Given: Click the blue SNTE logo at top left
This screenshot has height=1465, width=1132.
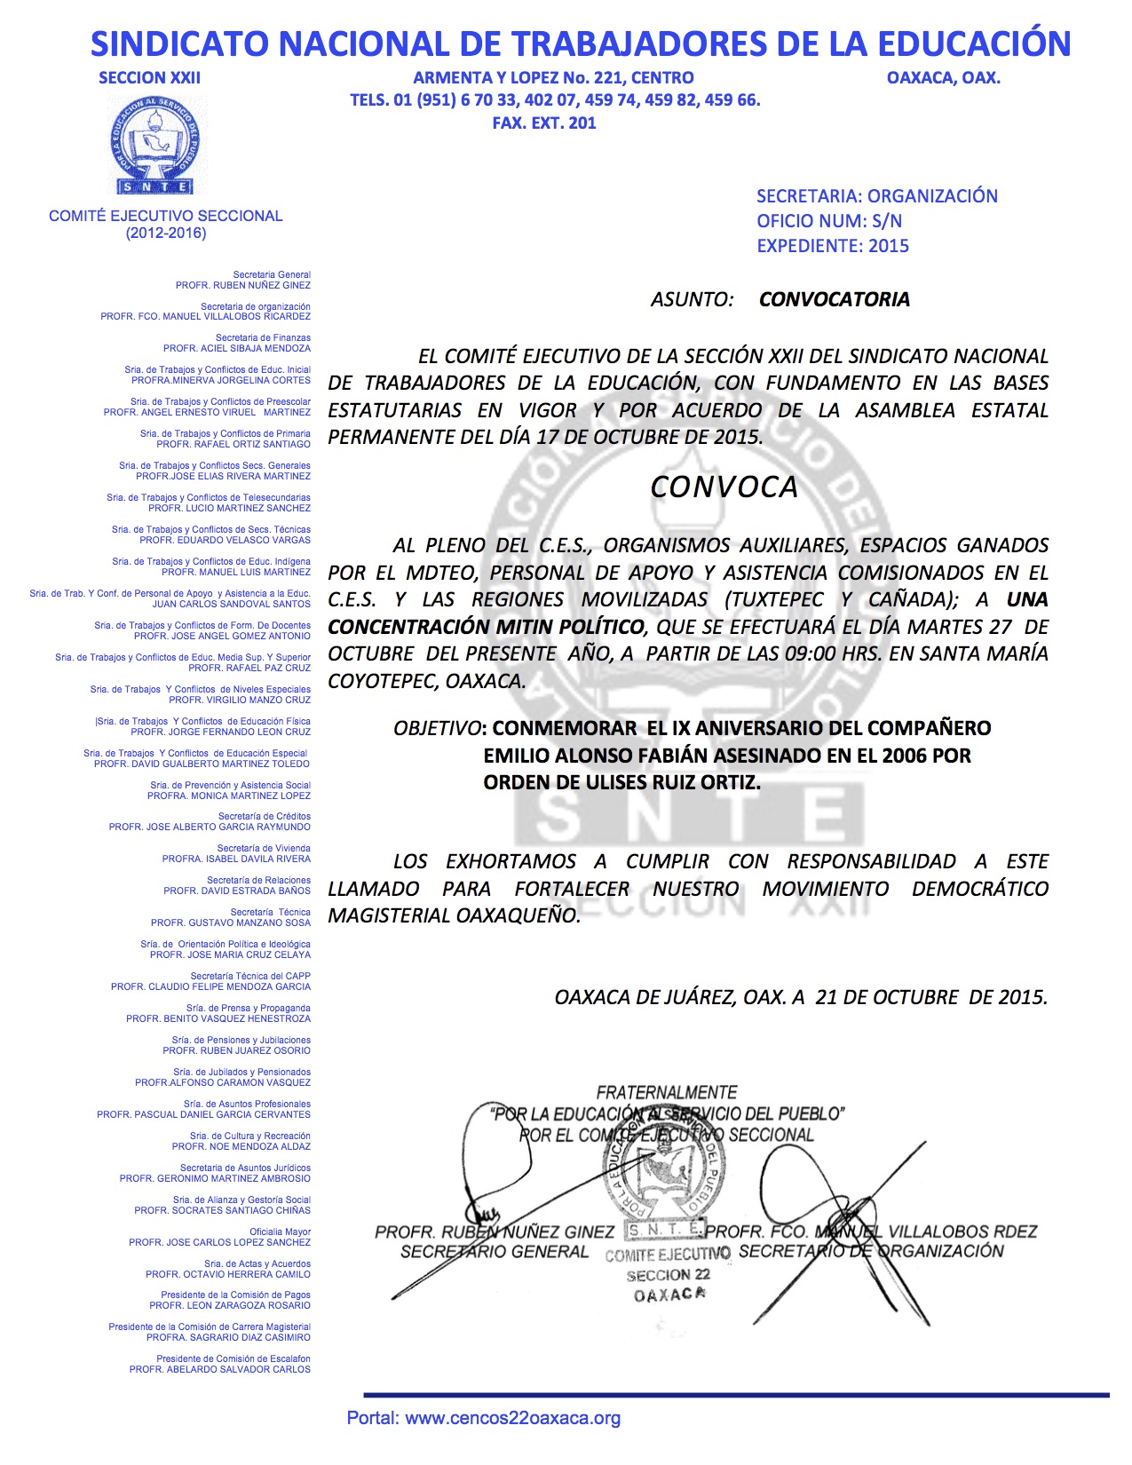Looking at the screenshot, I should click(x=156, y=145).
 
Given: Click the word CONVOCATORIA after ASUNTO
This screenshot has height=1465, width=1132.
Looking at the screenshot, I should click(x=834, y=299).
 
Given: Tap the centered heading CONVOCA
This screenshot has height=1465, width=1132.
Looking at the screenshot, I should click(x=724, y=487).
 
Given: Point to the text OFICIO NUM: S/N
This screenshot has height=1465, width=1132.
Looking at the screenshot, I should click(x=828, y=221).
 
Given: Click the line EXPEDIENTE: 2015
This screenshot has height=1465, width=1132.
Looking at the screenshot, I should click(x=832, y=246).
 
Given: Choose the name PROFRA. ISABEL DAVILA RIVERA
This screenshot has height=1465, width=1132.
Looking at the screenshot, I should click(x=236, y=859).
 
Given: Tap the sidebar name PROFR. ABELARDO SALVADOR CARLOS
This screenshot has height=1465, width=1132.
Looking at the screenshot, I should click(x=220, y=1370).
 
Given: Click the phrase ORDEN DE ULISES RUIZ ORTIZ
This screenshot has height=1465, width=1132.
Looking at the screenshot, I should click(x=621, y=783).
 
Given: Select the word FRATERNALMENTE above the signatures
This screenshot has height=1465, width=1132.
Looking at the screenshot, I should click(x=666, y=1092).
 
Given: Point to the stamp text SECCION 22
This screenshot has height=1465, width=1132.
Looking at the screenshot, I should click(x=668, y=1275).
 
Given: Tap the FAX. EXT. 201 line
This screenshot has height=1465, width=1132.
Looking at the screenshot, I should click(x=543, y=123).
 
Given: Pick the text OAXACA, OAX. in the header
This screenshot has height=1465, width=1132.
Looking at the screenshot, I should click(x=943, y=78).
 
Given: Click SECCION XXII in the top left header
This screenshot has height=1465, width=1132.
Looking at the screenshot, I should click(x=149, y=78).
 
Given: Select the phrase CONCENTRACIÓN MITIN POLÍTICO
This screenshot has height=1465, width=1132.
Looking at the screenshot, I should click(x=486, y=627).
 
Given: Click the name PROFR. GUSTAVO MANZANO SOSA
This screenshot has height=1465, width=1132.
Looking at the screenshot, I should click(x=231, y=923).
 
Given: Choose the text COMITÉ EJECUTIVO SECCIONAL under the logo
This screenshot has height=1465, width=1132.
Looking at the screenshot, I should click(x=165, y=216).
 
